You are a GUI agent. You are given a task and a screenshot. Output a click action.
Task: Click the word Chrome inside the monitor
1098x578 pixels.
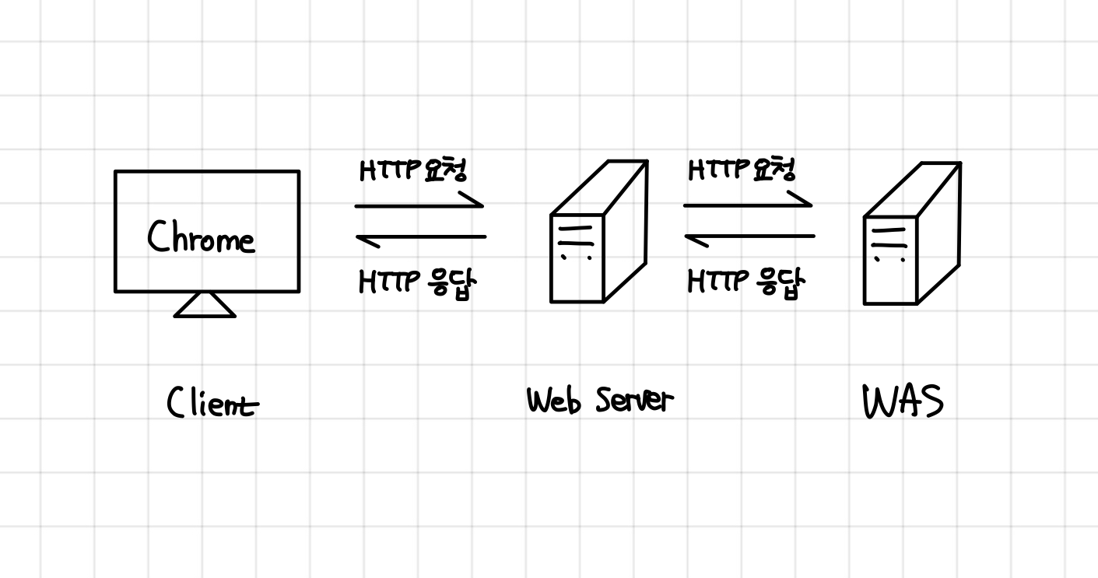[201, 236]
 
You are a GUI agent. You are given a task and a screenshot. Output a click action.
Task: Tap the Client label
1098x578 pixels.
[212, 404]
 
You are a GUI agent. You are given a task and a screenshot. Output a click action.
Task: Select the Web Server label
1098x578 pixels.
[598, 401]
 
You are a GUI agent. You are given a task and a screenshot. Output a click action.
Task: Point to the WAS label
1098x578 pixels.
[903, 403]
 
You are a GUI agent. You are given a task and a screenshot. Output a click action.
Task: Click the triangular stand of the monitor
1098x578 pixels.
[205, 306]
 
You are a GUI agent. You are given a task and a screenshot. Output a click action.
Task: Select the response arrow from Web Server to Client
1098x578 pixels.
[420, 236]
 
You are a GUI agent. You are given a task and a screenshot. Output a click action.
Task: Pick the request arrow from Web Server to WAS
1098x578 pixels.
[747, 205]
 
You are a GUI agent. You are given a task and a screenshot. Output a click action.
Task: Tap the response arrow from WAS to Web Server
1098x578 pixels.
[749, 236]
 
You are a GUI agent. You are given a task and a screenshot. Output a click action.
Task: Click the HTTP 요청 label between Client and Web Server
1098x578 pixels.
[413, 170]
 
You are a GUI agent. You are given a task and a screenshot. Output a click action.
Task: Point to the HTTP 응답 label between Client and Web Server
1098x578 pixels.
[416, 282]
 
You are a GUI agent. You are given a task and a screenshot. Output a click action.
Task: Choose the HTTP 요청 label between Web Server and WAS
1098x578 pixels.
[742, 170]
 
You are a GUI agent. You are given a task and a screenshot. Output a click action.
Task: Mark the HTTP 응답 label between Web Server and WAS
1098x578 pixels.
[745, 282]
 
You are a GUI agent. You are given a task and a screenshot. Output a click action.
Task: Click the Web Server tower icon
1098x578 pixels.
[598, 233]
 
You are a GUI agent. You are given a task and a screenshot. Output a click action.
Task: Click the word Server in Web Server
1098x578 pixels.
[633, 401]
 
